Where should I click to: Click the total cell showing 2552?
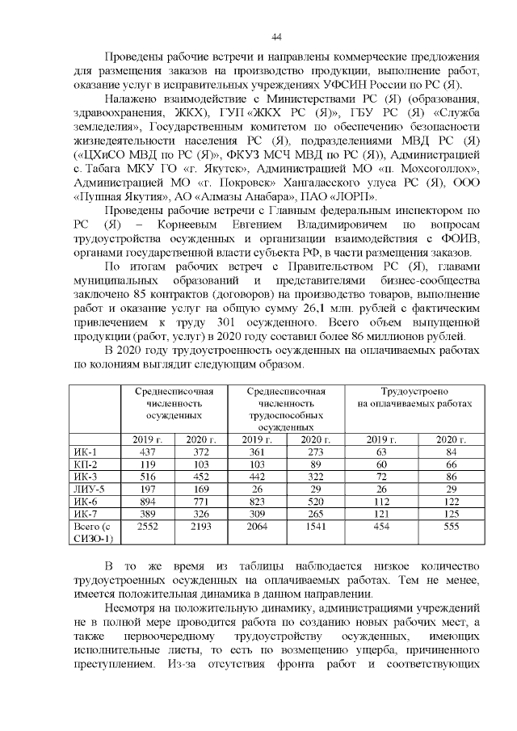pyautogui.click(x=148, y=526)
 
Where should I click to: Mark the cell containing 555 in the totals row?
pyautogui.click(x=447, y=526)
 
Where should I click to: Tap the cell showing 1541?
pyautogui.click(x=312, y=526)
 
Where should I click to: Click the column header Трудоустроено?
pyautogui.click(x=414, y=391)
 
